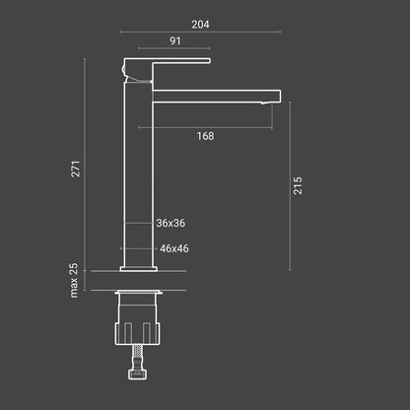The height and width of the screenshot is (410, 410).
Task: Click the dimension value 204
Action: pos(201,23)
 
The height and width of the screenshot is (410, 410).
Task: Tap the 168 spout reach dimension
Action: pos(206,136)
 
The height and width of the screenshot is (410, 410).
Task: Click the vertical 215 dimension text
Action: pos(299,185)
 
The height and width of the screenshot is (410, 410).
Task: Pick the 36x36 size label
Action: pos(171,225)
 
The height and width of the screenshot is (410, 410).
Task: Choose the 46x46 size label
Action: pos(173,249)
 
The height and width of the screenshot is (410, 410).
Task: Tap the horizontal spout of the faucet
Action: pos(217,97)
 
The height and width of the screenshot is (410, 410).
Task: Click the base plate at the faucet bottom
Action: pos(138,267)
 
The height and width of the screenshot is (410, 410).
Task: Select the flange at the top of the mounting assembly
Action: pos(138,294)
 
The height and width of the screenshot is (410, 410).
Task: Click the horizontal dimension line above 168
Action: pos(205,127)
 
